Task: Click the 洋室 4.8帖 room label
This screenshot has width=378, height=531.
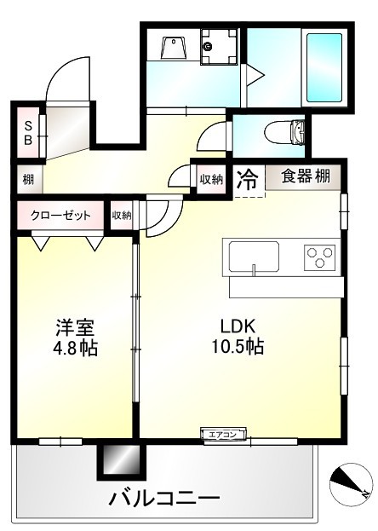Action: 76,337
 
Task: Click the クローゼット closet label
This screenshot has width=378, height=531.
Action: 60,215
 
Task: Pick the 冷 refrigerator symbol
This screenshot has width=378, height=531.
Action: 247,179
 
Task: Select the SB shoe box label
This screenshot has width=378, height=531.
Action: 27,132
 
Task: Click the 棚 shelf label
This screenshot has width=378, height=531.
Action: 28,180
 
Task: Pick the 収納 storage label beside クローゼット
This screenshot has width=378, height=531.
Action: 121,216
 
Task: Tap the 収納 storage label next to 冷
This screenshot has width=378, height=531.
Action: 211,179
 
